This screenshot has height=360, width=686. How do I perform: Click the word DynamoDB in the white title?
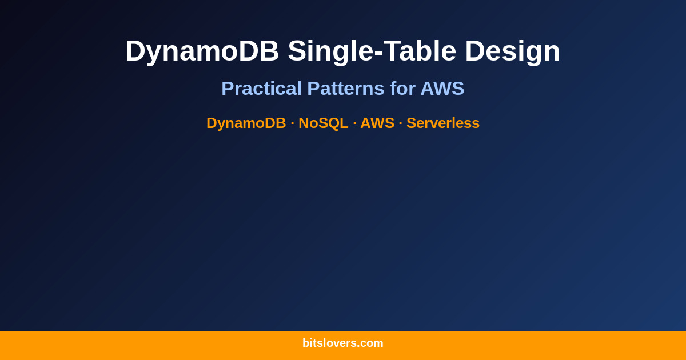pos(202,51)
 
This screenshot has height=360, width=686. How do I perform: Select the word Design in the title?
pos(512,51)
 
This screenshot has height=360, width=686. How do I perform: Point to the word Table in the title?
pos(420,51)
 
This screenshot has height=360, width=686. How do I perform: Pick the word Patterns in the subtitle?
pos(345,89)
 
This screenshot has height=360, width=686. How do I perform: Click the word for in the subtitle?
pos(402,89)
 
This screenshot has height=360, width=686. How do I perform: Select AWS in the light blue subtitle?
pos(442,89)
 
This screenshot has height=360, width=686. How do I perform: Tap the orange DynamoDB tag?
pos(246,123)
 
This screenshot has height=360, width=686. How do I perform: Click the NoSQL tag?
pos(323,123)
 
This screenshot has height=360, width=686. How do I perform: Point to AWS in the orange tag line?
pos(377,123)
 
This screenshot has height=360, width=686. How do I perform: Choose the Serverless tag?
pos(443,123)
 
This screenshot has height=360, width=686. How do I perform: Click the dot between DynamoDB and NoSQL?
pos(292,123)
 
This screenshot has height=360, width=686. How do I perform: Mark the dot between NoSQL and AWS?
pos(354,123)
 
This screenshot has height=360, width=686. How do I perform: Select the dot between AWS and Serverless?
pos(400,123)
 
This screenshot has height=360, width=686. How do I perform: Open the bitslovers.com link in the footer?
pos(343,343)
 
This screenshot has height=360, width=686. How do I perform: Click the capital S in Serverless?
pos(411,123)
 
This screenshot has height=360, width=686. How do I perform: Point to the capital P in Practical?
pos(227,89)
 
